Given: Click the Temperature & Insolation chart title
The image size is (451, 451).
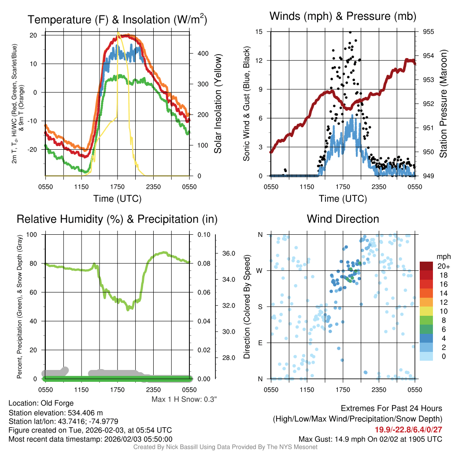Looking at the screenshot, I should coord(117,19).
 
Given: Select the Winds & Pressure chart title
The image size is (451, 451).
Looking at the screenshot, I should coord(343,16).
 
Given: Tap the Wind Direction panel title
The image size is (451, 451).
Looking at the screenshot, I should coord(343,219).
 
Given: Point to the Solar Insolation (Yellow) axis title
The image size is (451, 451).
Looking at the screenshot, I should coord(218,104).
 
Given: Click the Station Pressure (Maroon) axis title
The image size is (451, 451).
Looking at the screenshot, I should coord(443,104).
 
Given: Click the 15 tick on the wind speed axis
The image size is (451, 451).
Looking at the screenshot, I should coord(259,32).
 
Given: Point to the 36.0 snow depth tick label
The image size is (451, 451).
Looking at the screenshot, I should coord(229,254).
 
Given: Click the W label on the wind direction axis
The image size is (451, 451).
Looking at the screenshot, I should coord(260,270).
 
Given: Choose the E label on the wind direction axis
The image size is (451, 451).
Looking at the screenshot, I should coord(260,343).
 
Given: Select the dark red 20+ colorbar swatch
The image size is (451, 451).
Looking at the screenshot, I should coord(427,266).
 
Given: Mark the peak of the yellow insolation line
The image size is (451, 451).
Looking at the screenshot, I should coord(118,32).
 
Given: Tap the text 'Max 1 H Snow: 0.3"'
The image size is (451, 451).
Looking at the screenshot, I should coord(184,399).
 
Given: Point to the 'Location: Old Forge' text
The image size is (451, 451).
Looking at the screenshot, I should coord(41,403).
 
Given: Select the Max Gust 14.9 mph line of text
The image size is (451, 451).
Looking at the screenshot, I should coord(370,439).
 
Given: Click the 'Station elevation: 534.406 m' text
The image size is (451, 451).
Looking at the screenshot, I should coord(55,413).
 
